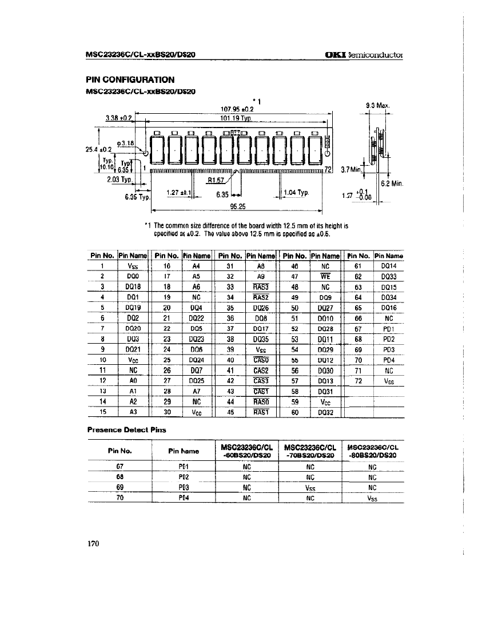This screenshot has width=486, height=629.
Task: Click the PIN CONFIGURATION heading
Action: tap(130, 79)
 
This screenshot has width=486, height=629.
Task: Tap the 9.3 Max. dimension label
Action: tap(377, 105)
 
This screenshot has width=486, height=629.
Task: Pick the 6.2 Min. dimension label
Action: tap(392, 184)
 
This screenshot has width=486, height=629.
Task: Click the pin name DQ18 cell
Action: tap(133, 286)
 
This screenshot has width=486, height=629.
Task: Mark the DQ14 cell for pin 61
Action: tap(388, 266)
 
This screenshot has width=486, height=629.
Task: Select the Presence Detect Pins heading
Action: tap(126, 428)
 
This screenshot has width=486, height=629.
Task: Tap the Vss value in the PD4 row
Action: tap(372, 498)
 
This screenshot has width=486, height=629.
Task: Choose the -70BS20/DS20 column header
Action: tap(309, 455)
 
